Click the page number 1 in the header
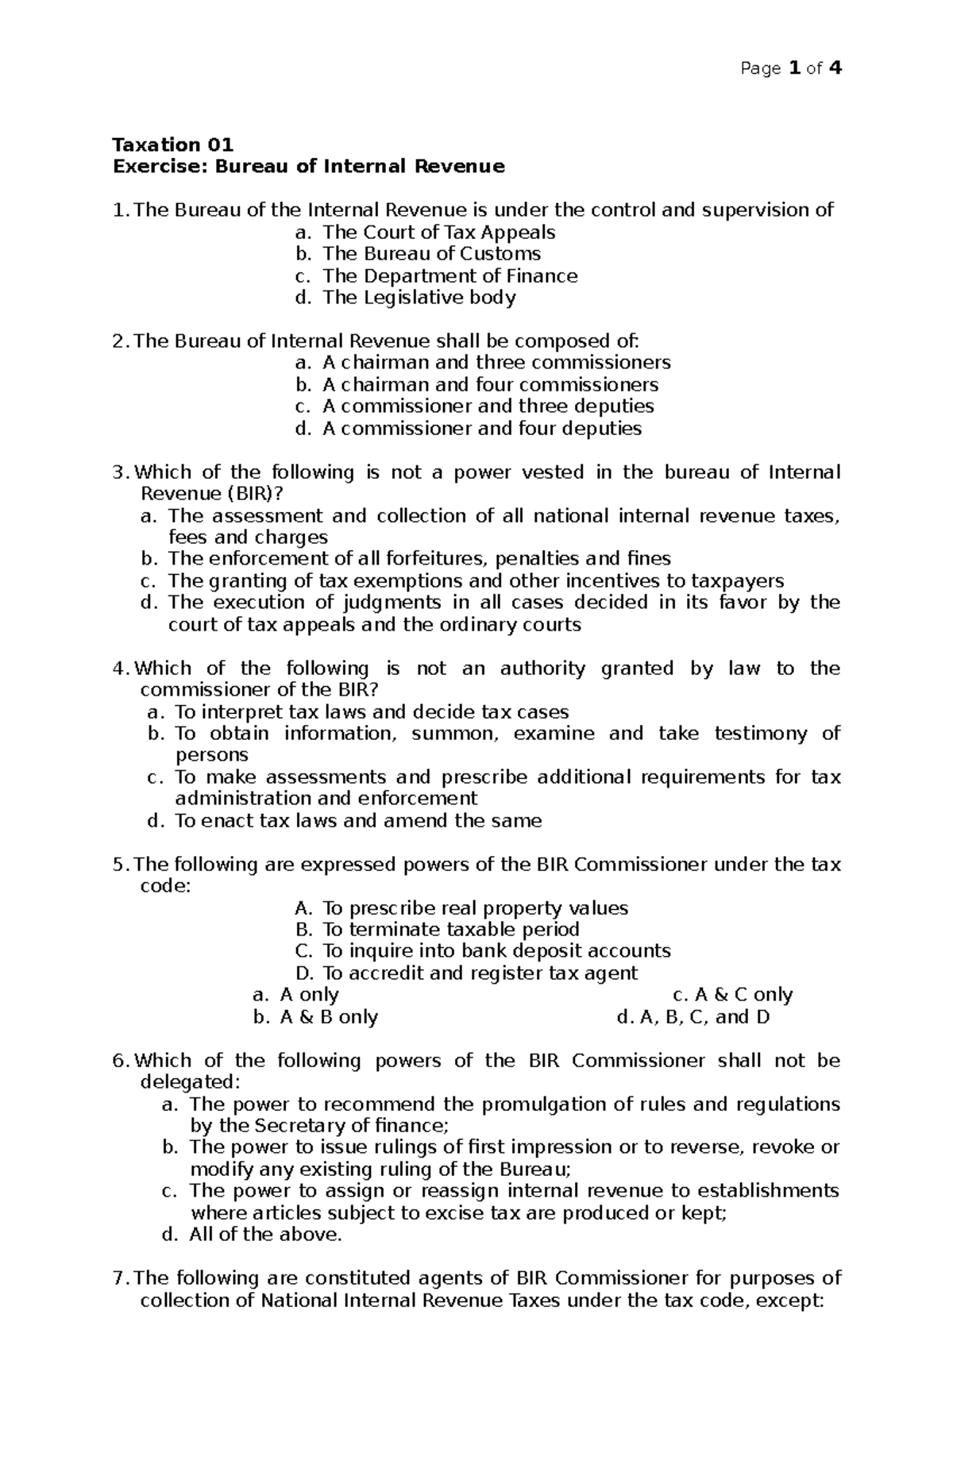pyautogui.click(x=795, y=68)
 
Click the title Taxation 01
pyautogui.click(x=173, y=145)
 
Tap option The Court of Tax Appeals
pyautogui.click(x=438, y=232)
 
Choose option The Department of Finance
pyautogui.click(x=449, y=276)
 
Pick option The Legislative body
pyautogui.click(x=419, y=297)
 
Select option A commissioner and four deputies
pyautogui.click(x=481, y=428)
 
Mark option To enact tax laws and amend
pyautogui.click(x=357, y=820)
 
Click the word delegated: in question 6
pyautogui.click(x=189, y=1082)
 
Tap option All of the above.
pyautogui.click(x=265, y=1235)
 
